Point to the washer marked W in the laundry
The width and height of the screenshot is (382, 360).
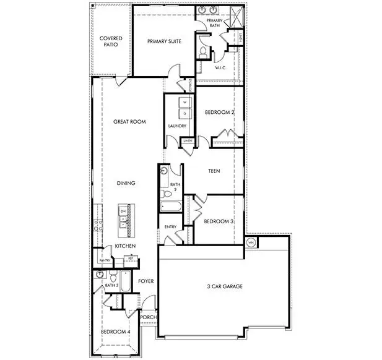point(184,101)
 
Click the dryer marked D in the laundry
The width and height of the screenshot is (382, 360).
point(184,113)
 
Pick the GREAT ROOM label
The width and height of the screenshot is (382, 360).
point(129,122)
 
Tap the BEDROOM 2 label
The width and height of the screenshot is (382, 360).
point(219,112)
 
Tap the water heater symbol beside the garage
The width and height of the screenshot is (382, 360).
point(251,242)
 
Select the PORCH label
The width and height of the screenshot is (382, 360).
point(147,318)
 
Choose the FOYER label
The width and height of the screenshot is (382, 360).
point(145,281)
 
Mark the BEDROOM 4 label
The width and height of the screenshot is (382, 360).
point(116,332)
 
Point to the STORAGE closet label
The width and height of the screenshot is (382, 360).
point(191,85)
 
